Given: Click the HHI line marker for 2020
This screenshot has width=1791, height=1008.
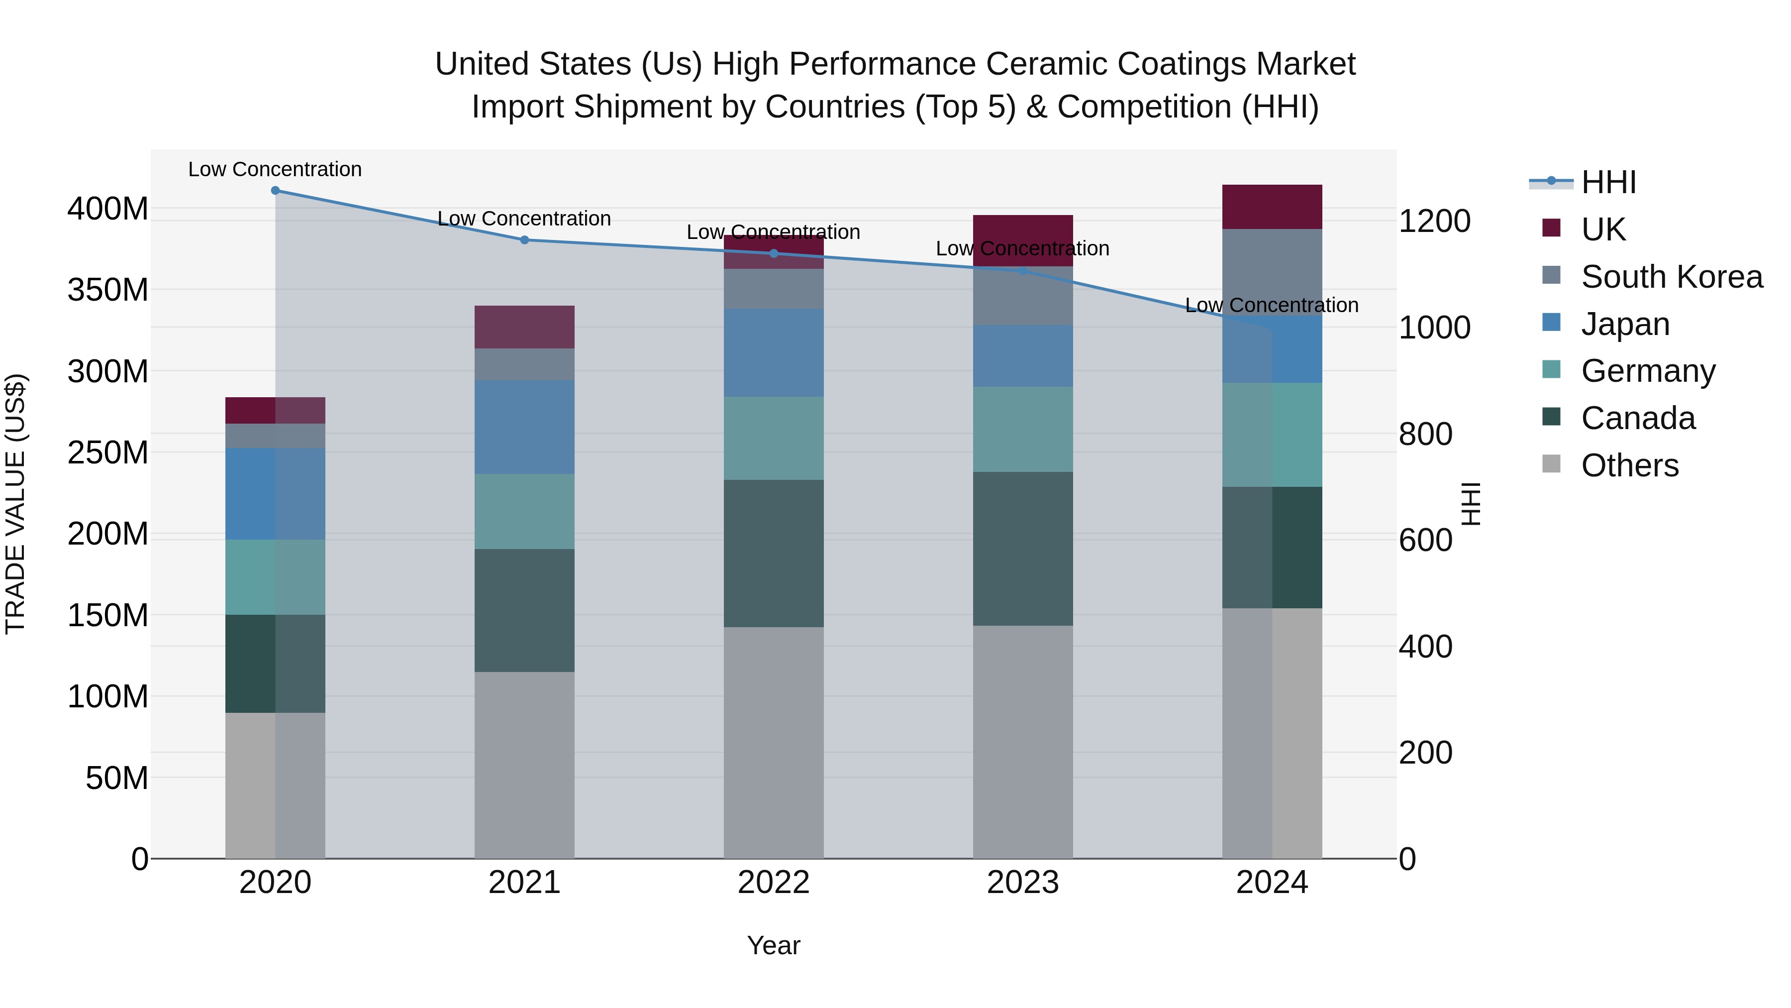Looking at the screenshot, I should click(275, 190).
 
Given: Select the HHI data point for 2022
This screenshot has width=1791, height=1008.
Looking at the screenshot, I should click(774, 253).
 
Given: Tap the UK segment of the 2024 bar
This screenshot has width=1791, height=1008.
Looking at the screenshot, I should click(1272, 207).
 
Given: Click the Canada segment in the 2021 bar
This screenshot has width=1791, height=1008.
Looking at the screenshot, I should click(524, 610).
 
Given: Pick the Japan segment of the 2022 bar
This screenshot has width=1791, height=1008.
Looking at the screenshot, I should click(774, 353).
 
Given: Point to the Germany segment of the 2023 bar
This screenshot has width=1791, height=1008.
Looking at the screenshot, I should click(1023, 429).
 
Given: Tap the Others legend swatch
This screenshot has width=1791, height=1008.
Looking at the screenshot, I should click(1551, 464).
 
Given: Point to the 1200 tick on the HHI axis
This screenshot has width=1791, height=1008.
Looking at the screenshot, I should click(1434, 221).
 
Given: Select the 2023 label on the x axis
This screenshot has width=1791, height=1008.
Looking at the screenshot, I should click(1023, 883).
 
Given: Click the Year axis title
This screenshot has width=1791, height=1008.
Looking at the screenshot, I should click(773, 945).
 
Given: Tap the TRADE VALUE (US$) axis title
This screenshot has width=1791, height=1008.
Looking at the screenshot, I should click(15, 504).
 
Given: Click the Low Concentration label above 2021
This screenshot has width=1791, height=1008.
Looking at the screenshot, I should click(524, 219).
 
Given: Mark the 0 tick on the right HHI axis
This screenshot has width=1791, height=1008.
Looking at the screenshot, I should click(1407, 860).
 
